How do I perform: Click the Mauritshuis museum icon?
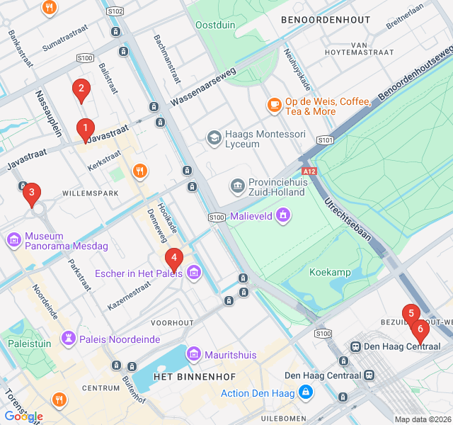tap(193, 353)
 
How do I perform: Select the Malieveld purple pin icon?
tap(283, 215)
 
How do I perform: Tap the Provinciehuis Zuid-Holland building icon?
tap(238, 186)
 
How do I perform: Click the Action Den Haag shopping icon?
tap(305, 392)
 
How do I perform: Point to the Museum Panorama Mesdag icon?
tap(13, 241)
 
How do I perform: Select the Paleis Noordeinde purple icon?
tap(68, 339)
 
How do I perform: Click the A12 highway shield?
tap(309, 171)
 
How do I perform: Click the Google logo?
tap(23, 416)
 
